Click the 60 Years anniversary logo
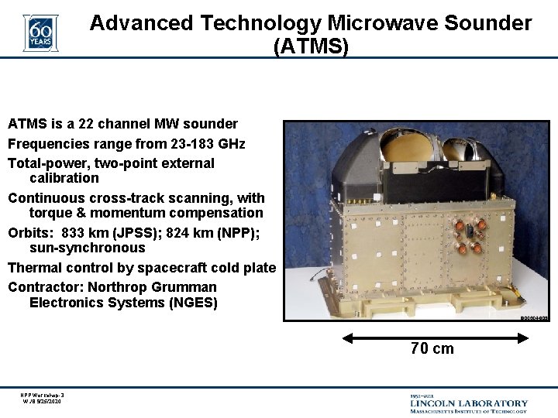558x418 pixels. [x=40, y=33]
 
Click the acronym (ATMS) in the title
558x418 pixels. [x=311, y=46]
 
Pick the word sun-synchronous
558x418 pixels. [x=87, y=248]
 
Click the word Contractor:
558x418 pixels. [x=43, y=287]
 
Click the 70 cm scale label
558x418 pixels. [x=432, y=349]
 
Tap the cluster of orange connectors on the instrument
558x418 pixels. [x=470, y=235]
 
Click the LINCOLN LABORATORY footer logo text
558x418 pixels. [x=469, y=403]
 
